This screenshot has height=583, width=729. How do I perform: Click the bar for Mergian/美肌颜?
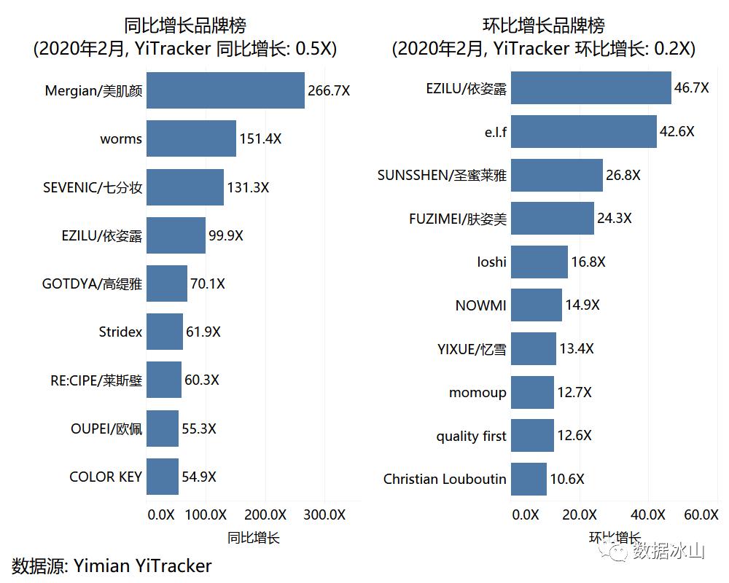(x=225, y=90)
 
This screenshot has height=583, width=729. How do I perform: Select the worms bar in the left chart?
(x=191, y=138)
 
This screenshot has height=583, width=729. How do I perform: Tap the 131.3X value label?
(x=248, y=187)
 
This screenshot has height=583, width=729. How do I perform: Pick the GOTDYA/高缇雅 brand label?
(x=92, y=283)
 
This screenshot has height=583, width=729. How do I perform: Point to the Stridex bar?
(x=165, y=332)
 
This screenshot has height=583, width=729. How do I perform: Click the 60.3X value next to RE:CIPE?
(x=202, y=380)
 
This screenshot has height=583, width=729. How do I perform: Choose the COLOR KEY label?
(x=105, y=477)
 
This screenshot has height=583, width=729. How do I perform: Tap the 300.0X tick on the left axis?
(x=324, y=514)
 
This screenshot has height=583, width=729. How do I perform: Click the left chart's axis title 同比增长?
(x=253, y=538)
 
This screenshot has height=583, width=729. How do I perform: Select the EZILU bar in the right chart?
(x=590, y=88)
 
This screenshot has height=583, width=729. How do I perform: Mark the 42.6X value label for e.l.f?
(x=677, y=131)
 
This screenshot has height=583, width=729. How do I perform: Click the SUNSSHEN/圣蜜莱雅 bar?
(x=557, y=175)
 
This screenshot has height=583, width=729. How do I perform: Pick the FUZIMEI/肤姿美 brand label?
(x=458, y=218)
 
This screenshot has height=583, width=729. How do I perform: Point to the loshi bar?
(x=539, y=262)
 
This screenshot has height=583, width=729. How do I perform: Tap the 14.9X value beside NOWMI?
(x=582, y=305)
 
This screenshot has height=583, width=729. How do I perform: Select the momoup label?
(x=477, y=392)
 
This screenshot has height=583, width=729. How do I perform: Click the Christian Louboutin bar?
(x=529, y=479)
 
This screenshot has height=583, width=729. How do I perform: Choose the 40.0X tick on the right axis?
(x=648, y=514)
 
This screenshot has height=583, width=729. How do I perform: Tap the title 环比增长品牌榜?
(x=544, y=26)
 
